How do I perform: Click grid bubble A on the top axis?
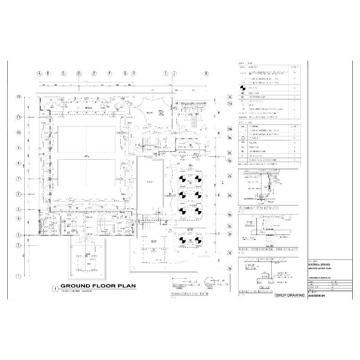40,73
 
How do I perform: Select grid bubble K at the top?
207,73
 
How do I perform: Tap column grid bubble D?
79,73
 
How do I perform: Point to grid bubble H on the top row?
134,73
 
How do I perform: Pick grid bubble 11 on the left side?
19,117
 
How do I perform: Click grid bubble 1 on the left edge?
19,275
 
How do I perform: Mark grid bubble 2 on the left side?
19,245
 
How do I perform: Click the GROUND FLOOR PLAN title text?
92,286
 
